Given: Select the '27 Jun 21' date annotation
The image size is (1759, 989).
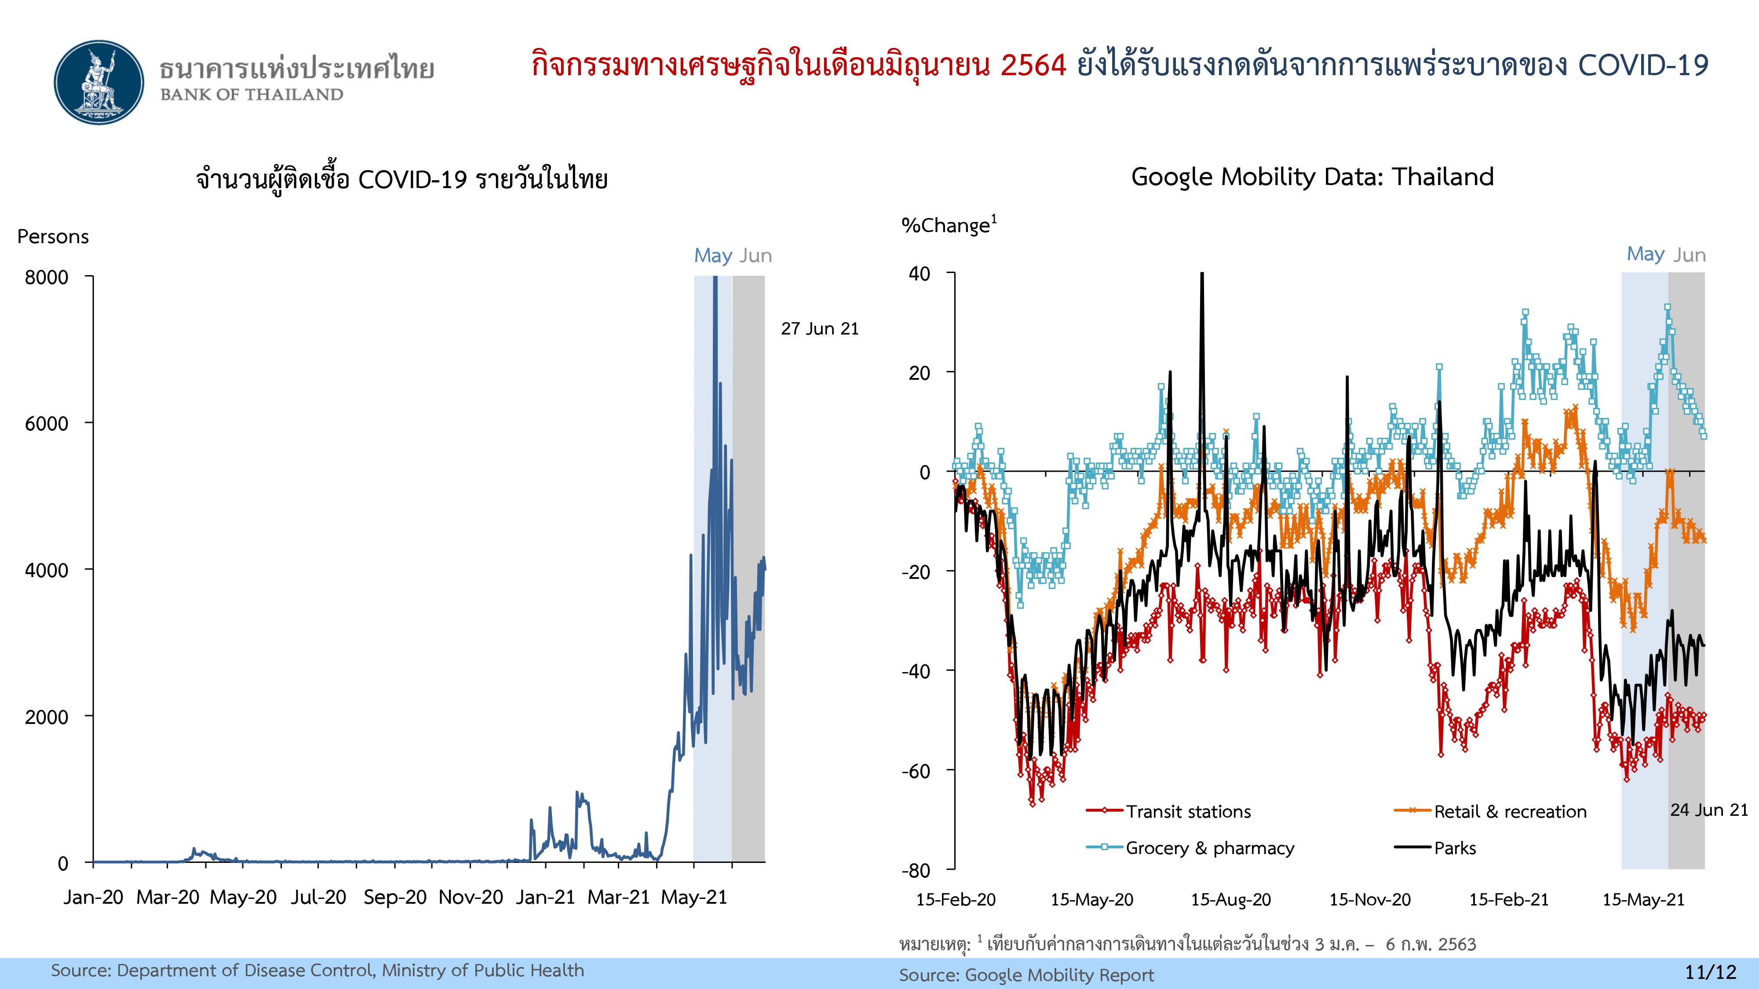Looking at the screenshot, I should (x=819, y=328).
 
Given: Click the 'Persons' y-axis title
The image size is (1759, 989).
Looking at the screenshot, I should (x=53, y=236).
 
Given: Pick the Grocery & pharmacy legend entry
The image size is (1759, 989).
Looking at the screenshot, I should (x=1209, y=848).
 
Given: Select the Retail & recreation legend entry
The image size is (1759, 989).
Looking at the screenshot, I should (x=1510, y=811).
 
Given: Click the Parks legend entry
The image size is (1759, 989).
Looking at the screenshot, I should (x=1454, y=848).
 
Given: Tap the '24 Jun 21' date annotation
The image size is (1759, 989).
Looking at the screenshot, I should (x=1708, y=810).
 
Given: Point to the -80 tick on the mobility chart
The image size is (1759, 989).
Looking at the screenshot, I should (x=916, y=870).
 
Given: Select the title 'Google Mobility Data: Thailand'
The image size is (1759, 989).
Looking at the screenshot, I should (x=1312, y=177).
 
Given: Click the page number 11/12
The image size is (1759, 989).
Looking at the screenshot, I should (x=1710, y=972).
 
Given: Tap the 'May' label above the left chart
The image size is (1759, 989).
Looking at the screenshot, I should (x=713, y=255).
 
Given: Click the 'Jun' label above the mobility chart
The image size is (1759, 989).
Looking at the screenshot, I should (x=1690, y=255).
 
